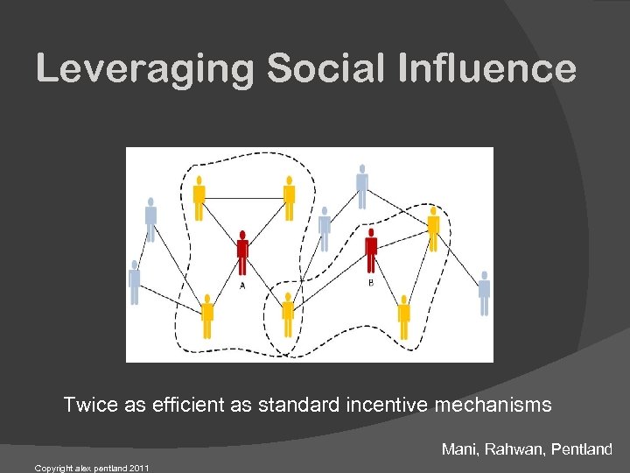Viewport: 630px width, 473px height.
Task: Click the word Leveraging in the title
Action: click(145, 68)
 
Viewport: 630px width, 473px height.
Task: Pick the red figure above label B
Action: click(371, 250)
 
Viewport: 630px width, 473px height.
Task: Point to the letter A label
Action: click(242, 284)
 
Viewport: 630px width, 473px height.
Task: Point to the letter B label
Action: click(370, 282)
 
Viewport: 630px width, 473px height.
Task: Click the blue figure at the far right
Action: click(484, 292)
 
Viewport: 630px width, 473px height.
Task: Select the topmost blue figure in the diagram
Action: click(361, 186)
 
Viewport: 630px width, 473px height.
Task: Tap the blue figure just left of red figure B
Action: click(325, 228)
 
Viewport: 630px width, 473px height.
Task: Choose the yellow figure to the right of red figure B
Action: click(433, 228)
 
